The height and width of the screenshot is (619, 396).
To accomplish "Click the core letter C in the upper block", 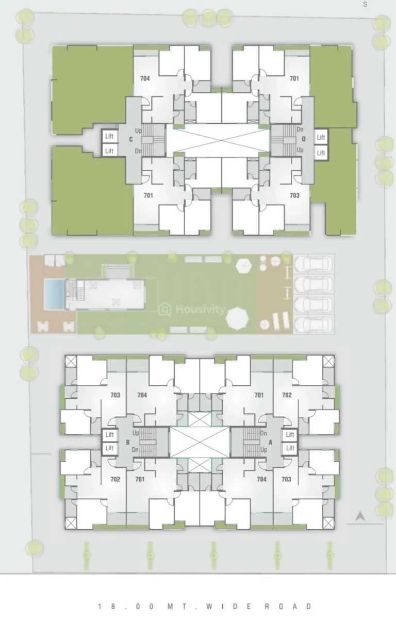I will point(131,140).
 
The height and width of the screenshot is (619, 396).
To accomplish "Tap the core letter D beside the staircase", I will point(304,139).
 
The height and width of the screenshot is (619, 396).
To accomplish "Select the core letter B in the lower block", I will point(127,442).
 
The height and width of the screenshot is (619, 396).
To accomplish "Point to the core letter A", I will point(270,442).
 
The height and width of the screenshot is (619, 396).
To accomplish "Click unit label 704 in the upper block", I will point(145,79).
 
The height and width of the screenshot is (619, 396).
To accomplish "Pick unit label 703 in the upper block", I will point(294,196).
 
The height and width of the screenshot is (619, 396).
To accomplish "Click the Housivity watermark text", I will point(200,309).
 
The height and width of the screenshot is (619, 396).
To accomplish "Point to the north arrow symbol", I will point(360,515).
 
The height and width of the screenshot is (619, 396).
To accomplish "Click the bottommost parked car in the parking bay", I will point(313,325).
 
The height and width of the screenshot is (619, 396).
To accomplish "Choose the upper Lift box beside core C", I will point(109,136).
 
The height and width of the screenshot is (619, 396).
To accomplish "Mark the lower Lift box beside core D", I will point(321,153).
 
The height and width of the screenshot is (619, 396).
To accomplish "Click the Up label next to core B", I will point(136,433).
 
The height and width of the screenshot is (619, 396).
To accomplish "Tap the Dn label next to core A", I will point(263,433).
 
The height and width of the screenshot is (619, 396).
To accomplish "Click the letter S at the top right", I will point(365,4).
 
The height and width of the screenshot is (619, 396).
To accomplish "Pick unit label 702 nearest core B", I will point(115,479).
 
